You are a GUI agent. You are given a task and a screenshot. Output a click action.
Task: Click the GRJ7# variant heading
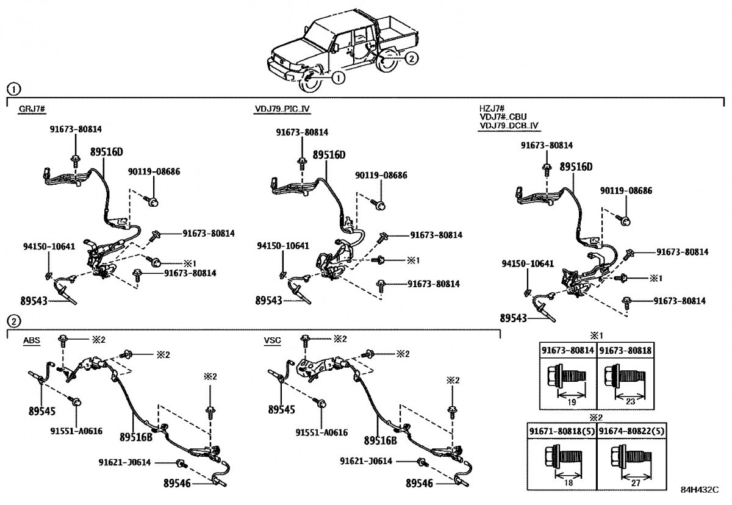click(x=33, y=109)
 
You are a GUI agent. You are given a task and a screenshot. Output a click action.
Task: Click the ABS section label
click(x=31, y=340)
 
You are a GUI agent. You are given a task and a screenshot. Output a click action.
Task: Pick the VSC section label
click(x=272, y=340)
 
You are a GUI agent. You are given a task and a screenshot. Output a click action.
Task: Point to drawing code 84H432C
click(x=700, y=489)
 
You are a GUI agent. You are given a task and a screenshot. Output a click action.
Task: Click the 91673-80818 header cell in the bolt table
click(x=625, y=351)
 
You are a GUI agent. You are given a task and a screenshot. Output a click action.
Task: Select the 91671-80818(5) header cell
click(x=562, y=431)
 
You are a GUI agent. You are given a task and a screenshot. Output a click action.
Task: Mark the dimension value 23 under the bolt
click(x=631, y=402)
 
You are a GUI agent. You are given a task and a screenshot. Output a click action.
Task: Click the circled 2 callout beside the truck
click(x=412, y=59)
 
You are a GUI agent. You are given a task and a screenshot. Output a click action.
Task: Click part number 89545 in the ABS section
click(x=41, y=411)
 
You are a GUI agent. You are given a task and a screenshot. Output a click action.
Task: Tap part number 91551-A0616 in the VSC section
click(x=321, y=432)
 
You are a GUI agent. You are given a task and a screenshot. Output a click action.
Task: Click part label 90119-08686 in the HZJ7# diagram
click(x=626, y=191)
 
